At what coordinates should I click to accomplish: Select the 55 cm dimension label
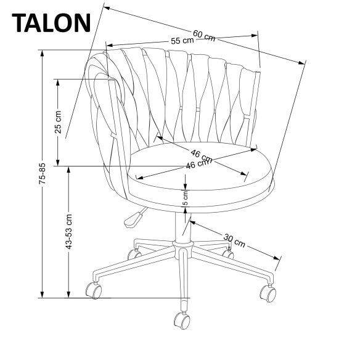[182, 41]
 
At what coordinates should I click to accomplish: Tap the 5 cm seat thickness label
[185, 198]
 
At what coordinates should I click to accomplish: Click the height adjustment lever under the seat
[132, 219]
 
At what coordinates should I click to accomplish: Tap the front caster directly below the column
[182, 319]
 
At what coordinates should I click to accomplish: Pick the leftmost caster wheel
[94, 289]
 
